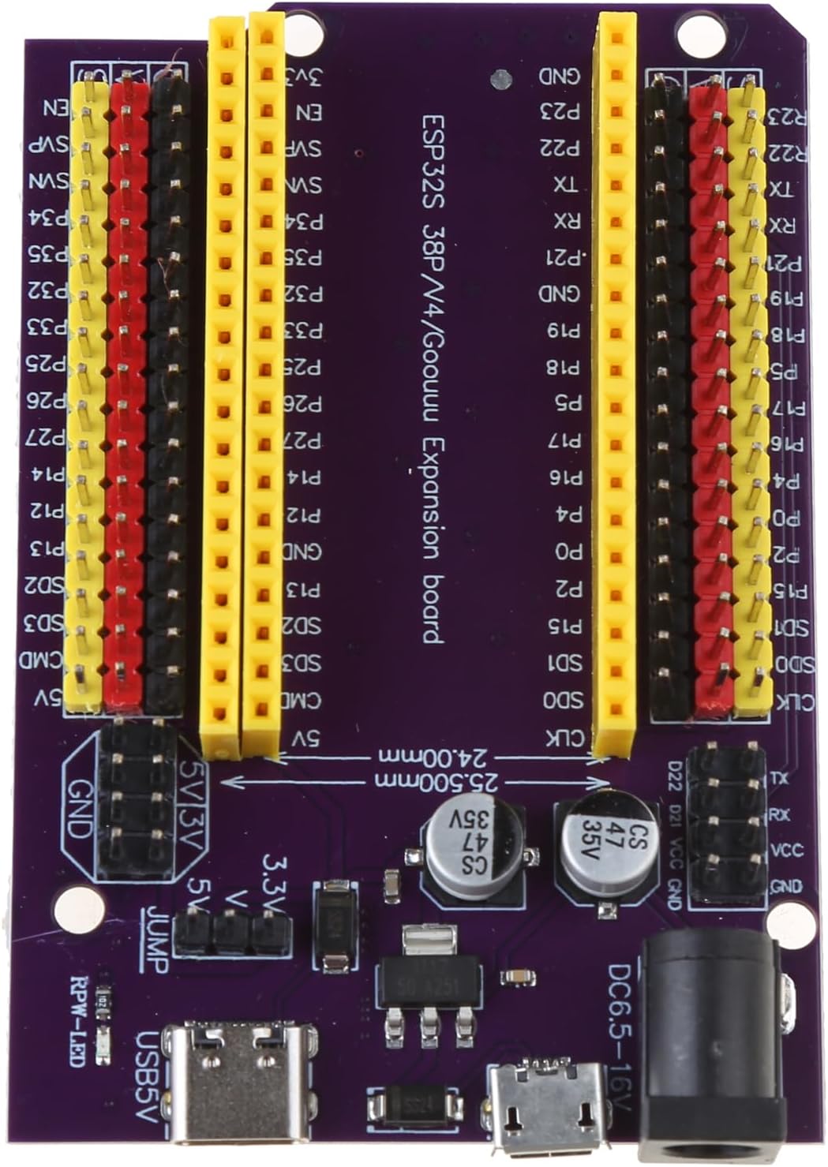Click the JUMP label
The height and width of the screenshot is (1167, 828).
pos(157,939)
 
